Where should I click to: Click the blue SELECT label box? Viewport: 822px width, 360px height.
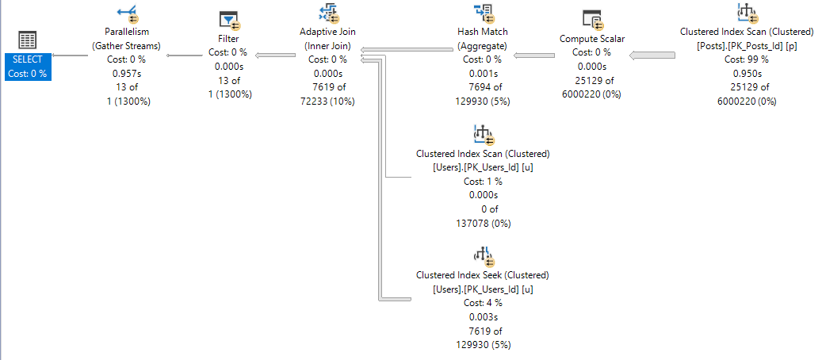coord(29,67)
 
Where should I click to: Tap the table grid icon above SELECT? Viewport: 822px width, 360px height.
coord(28,40)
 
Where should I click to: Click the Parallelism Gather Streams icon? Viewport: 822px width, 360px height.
coord(126,14)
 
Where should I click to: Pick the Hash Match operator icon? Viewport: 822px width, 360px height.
coord(482,14)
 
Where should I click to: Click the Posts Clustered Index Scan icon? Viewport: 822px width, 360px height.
coord(746,14)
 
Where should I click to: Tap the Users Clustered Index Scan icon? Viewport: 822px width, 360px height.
coord(482,136)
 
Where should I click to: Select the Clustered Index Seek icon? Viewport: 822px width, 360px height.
coord(482,257)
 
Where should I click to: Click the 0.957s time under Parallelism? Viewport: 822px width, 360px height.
coord(126,74)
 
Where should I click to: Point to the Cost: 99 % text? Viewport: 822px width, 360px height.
coord(746,59)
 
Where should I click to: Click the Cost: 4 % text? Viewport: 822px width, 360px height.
coord(482,303)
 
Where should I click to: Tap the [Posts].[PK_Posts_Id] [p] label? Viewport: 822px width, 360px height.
coord(746,46)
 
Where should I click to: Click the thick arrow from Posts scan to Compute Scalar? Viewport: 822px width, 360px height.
coord(652,56)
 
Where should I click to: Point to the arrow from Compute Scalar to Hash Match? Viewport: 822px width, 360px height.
coord(533,56)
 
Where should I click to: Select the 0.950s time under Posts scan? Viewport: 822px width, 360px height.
coord(746,74)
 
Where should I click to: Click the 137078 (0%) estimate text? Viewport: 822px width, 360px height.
coord(482,224)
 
